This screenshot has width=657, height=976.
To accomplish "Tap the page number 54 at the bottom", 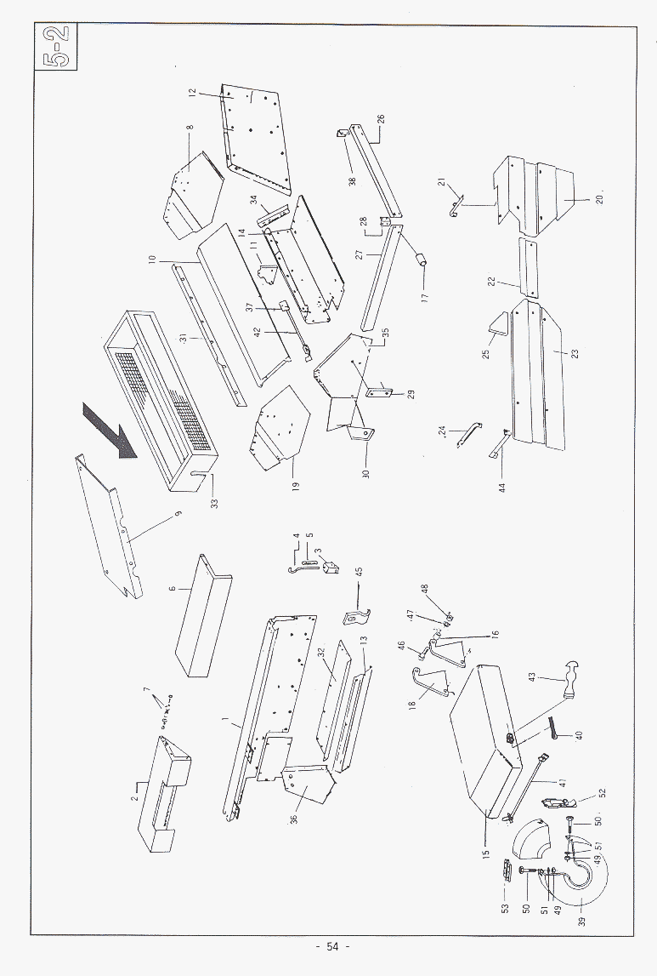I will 331,947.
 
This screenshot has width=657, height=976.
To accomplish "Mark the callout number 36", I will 293,823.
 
